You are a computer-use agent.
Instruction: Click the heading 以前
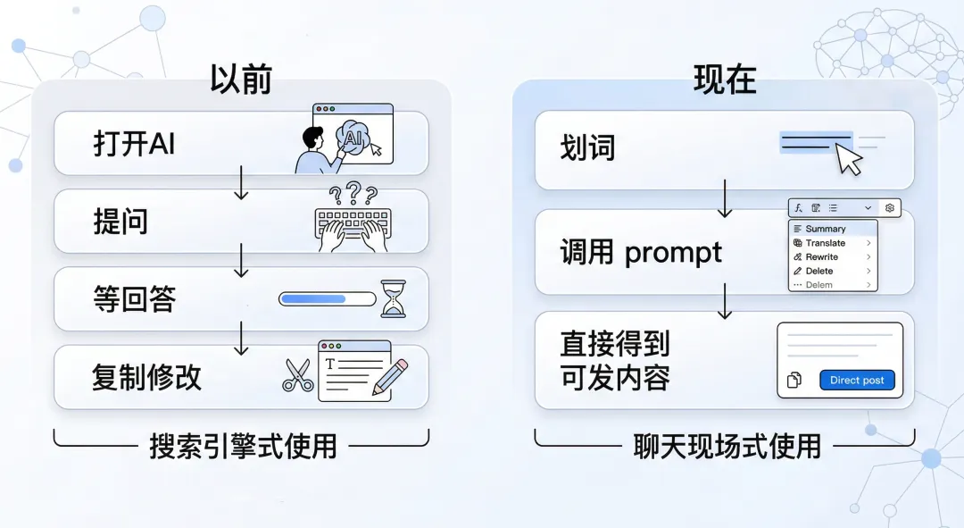click(240, 80)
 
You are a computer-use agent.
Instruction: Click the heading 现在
click(725, 80)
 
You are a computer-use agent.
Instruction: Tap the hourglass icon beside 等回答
click(393, 299)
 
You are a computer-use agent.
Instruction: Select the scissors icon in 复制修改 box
click(298, 375)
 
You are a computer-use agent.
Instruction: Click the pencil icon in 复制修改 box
click(388, 376)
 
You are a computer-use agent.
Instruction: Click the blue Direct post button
click(856, 381)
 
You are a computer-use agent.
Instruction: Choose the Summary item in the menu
click(825, 229)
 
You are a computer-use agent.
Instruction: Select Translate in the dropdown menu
click(825, 243)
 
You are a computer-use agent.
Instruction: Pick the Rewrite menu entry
click(821, 256)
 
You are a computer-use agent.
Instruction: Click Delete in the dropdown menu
click(819, 271)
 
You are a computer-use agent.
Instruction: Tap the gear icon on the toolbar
click(889, 208)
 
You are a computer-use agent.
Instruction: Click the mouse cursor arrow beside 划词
click(850, 162)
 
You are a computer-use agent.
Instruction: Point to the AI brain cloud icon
click(353, 138)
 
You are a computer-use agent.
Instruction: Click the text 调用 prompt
click(641, 253)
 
